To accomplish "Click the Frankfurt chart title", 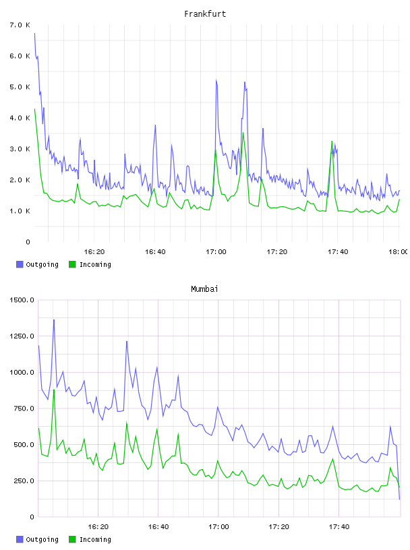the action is coord(205,14).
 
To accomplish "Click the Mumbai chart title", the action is coord(204,289).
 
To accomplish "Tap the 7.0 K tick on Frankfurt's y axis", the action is coord(20,25).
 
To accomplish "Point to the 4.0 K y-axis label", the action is coord(20,118).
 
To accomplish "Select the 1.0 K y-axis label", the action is coord(20,211).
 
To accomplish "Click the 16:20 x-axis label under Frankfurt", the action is coord(94,252).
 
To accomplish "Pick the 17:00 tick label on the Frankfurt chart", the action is coord(216,252).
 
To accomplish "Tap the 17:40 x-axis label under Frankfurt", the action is coord(338,252).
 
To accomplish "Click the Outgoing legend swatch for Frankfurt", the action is coord(20,264).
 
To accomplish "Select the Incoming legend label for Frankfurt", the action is coord(95,264).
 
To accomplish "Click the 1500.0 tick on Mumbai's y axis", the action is coord(22,300).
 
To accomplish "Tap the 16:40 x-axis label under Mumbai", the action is coord(158,527).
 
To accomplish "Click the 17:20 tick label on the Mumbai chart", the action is coord(279,527).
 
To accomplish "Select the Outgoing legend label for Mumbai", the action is coord(42,539).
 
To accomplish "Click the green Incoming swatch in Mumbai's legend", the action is coord(72,539).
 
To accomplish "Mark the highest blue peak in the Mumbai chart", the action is coord(54,320).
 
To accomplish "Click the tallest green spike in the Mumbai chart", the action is coord(54,390).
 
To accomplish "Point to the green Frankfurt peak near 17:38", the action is coord(332,142).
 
